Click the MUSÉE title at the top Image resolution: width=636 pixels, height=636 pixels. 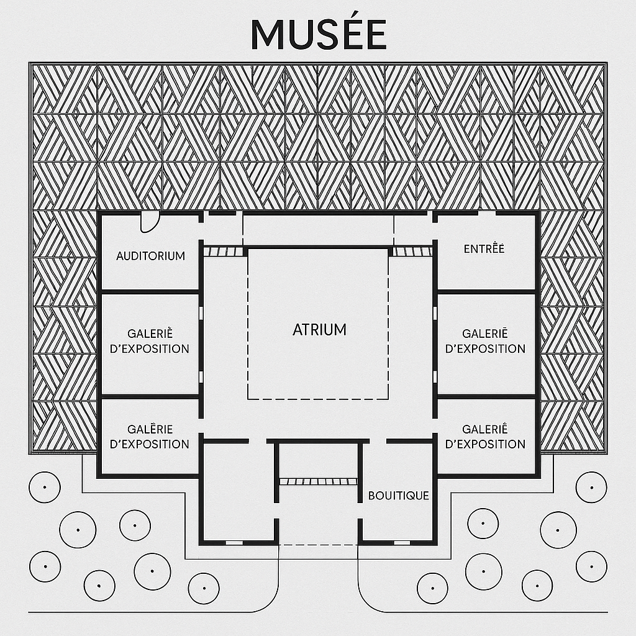[318, 34]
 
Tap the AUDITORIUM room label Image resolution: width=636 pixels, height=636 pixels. [150, 256]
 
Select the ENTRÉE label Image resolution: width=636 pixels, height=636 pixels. [484, 249]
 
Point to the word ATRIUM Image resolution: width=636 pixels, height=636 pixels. [319, 330]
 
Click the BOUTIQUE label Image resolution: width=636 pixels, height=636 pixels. [399, 496]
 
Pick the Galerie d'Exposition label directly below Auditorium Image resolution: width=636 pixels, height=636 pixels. [149, 342]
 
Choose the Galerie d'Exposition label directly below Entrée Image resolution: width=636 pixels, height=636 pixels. [485, 342]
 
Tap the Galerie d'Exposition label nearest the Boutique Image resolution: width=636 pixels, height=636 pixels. [485, 437]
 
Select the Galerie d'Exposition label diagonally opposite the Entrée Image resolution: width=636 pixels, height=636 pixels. [149, 437]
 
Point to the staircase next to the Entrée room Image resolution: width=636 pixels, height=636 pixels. [412, 252]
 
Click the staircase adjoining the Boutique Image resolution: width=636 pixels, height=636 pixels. [318, 481]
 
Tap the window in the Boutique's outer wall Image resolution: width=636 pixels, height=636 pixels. [402, 542]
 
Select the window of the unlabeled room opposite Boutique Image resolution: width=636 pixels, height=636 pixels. [234, 542]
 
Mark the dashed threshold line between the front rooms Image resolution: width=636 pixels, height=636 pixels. [318, 545]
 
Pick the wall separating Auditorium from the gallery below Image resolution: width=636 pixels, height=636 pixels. [150, 291]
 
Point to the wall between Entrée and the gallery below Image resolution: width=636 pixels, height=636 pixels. [486, 291]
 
